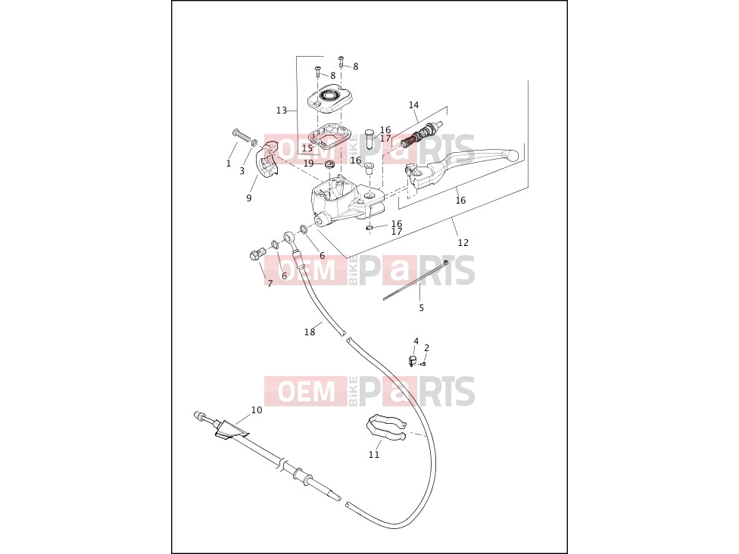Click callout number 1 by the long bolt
229,163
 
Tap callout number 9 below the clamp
249,198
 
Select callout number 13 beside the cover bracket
282,110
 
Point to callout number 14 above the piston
414,104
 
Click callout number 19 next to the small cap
308,163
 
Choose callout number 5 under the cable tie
421,307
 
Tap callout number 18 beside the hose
310,332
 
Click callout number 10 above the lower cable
257,410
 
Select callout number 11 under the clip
374,455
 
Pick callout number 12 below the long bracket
463,243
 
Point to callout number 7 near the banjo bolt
270,284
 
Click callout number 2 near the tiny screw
426,348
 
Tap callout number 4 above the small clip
416,341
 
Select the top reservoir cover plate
329,99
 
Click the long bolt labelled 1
242,135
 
